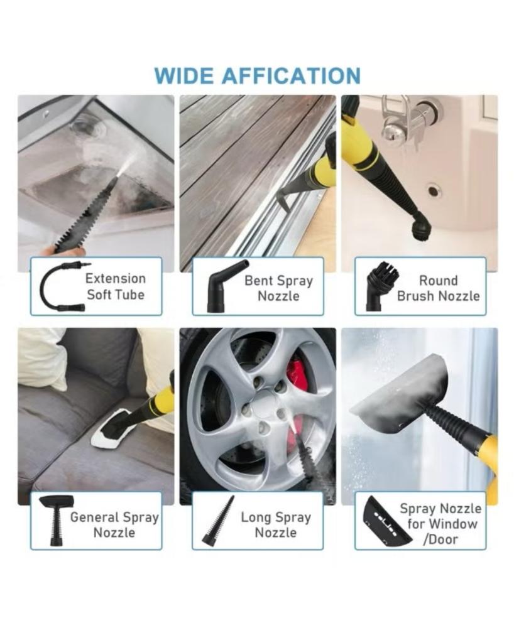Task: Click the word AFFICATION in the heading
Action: pyautogui.click(x=292, y=76)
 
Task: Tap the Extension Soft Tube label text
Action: pyautogui.click(x=116, y=286)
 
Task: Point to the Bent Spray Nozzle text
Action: pyautogui.click(x=278, y=288)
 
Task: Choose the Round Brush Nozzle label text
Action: pyautogui.click(x=438, y=288)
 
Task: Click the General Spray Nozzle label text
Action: pyautogui.click(x=114, y=524)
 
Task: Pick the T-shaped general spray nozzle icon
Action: pyautogui.click(x=56, y=519)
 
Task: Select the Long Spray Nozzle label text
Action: pyautogui.click(x=276, y=524)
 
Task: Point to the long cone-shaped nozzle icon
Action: pyautogui.click(x=218, y=521)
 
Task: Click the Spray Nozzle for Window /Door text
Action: pyautogui.click(x=440, y=524)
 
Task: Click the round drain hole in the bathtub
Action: pyautogui.click(x=433, y=190)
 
